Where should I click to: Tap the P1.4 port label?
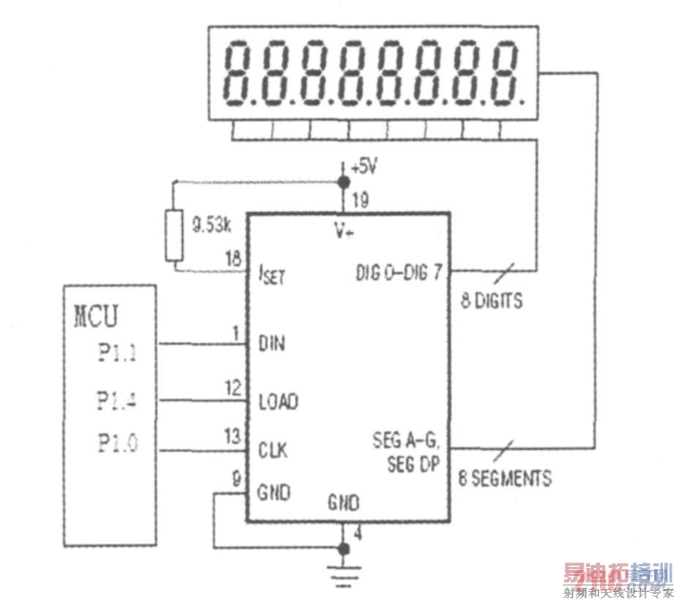[117, 400]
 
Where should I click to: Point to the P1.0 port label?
[117, 443]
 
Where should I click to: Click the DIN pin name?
[272, 343]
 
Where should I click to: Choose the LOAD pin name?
[278, 402]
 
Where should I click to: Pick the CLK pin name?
[273, 448]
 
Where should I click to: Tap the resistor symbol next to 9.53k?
[173, 235]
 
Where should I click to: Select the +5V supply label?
[364, 167]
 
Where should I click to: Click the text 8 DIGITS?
[492, 301]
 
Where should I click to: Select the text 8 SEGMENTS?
[505, 479]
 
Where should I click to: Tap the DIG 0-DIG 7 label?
[399, 274]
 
